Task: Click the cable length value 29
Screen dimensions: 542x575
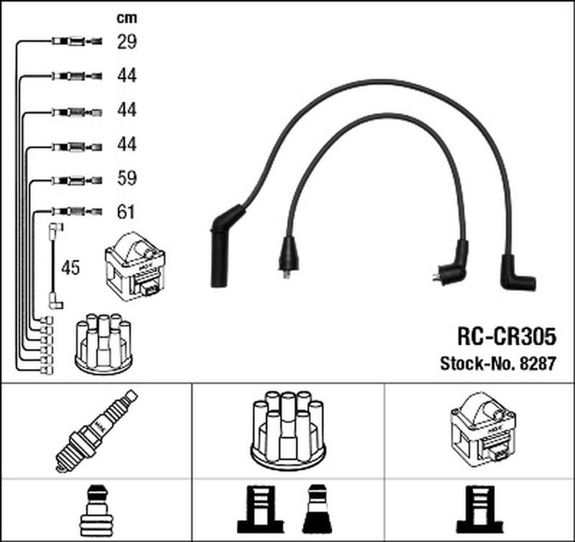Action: click(x=126, y=42)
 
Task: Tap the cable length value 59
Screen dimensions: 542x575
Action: click(x=126, y=178)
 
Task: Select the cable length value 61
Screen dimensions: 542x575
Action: click(x=126, y=212)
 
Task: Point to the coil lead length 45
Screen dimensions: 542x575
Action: click(x=70, y=268)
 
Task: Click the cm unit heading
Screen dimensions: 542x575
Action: click(x=126, y=17)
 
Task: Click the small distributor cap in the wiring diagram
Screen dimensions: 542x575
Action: click(x=103, y=344)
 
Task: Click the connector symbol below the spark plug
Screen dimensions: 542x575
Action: click(x=96, y=510)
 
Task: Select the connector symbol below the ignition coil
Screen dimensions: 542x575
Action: click(x=480, y=510)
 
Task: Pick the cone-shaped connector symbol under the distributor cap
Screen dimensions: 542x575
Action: click(x=318, y=510)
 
